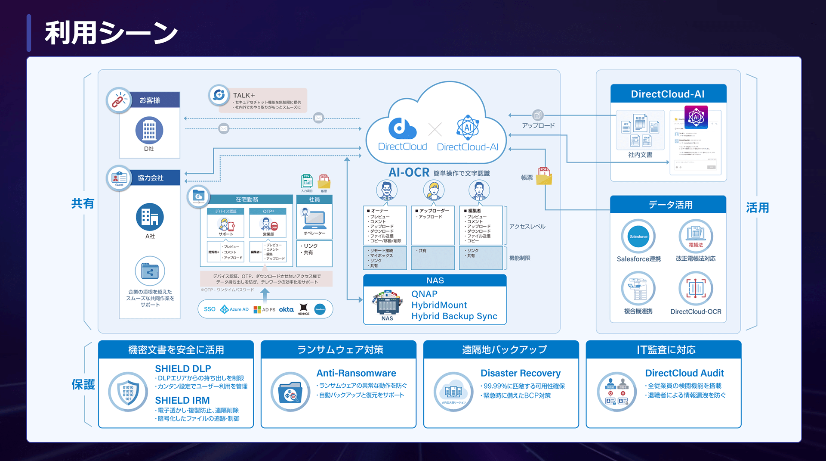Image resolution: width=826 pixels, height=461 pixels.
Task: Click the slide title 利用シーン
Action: (x=111, y=33)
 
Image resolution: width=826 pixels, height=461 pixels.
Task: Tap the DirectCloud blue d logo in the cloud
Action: (x=402, y=128)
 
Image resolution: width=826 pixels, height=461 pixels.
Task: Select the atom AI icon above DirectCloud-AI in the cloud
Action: (x=468, y=127)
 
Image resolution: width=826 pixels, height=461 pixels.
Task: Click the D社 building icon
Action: (x=149, y=130)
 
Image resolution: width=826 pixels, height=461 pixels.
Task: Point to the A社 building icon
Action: (x=150, y=217)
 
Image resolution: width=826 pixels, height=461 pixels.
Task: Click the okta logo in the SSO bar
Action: (x=286, y=309)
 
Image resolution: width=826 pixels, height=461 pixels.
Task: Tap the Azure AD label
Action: (x=239, y=309)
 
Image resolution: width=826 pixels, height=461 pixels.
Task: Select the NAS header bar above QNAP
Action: (x=435, y=280)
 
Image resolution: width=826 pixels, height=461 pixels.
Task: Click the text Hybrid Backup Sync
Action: (x=454, y=316)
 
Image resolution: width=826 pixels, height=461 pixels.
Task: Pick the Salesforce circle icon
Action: (x=638, y=236)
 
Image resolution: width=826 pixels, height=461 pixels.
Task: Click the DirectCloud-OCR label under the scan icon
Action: (x=696, y=311)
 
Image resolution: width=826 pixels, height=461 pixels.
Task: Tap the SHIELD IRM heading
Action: (x=182, y=400)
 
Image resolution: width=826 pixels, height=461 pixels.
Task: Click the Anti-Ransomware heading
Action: (x=356, y=373)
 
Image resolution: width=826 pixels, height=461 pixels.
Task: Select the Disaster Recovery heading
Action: (x=520, y=373)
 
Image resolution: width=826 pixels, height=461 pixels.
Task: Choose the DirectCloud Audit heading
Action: (x=684, y=373)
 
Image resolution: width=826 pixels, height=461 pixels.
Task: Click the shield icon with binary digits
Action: (x=128, y=392)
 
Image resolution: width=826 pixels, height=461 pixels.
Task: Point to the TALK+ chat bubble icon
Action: (x=219, y=95)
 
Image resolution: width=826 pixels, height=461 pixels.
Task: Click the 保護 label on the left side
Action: (x=83, y=384)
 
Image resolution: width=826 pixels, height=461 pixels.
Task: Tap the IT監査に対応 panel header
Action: (x=666, y=350)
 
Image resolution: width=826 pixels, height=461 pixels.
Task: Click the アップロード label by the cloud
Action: (x=538, y=126)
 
